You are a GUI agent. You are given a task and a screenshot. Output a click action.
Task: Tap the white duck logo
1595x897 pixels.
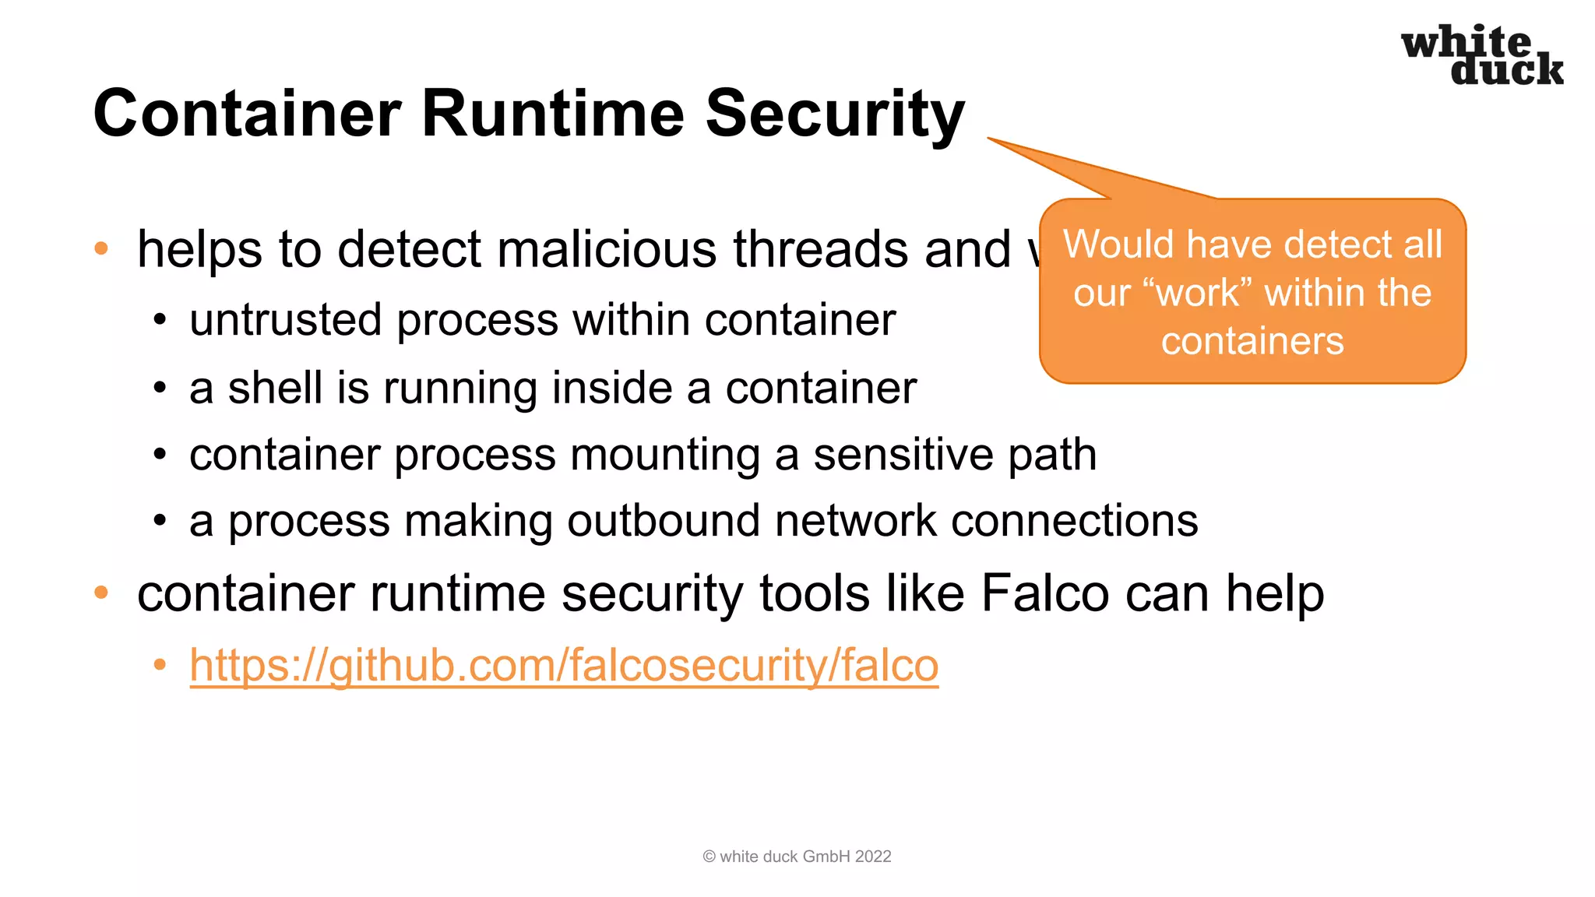pos(1482,55)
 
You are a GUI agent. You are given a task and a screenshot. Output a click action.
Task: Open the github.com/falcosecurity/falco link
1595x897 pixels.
pos(564,666)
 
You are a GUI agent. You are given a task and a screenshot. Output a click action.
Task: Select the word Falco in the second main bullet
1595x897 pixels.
pos(1044,593)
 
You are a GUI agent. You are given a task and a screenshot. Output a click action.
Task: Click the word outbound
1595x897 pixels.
pos(663,521)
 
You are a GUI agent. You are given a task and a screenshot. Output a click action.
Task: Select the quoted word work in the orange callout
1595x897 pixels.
pos(1198,294)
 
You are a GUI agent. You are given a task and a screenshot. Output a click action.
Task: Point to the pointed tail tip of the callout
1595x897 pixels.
pos(989,139)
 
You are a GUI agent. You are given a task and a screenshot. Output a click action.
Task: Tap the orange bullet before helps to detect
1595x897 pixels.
pos(101,249)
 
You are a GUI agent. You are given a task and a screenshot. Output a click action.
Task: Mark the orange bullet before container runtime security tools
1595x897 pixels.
pos(101,593)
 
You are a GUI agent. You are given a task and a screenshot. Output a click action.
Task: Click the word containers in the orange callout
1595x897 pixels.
pos(1252,342)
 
